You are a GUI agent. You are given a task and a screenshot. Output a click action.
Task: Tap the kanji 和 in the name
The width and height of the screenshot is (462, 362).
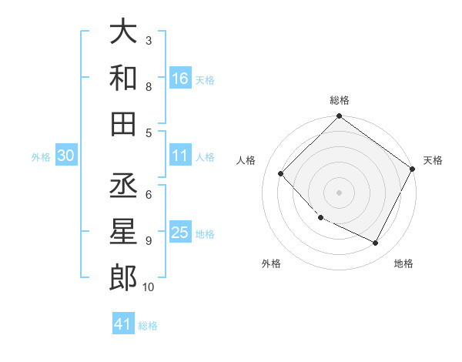pyautogui.click(x=123, y=78)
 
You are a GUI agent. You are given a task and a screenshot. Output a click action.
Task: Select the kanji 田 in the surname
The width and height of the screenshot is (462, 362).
pyautogui.click(x=123, y=123)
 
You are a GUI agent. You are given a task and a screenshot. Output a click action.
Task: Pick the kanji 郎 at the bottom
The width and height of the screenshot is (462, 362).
pyautogui.click(x=123, y=277)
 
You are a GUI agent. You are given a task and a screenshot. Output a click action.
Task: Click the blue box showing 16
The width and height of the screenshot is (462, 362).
pyautogui.click(x=180, y=78)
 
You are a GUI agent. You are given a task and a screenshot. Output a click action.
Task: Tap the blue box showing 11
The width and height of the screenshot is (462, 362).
pyautogui.click(x=180, y=156)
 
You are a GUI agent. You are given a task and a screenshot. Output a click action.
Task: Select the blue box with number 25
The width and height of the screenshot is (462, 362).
pyautogui.click(x=180, y=233)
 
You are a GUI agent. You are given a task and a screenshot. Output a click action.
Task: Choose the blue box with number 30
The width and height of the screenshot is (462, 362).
pyautogui.click(x=66, y=156)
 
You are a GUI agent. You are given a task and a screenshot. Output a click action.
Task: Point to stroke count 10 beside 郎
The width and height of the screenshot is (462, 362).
pyautogui.click(x=148, y=287)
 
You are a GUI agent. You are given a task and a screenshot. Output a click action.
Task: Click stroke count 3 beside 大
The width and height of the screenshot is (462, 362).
pyautogui.click(x=149, y=40)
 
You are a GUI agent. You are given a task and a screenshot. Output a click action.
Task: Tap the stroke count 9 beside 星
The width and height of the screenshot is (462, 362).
pyautogui.click(x=149, y=240)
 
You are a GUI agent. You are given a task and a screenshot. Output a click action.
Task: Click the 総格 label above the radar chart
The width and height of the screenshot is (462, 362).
pyautogui.click(x=340, y=100)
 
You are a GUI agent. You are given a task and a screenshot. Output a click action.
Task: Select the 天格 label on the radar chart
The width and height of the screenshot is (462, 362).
pyautogui.click(x=433, y=160)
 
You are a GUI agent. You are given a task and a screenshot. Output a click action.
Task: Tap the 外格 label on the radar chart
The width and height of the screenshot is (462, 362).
pyautogui.click(x=271, y=263)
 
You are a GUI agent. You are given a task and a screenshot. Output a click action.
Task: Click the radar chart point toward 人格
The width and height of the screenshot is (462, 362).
pyautogui.click(x=281, y=173)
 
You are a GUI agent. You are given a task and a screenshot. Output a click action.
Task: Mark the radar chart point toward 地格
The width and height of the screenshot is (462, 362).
pyautogui.click(x=376, y=243)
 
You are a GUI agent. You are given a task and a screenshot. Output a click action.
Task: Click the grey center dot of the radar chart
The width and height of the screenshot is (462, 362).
pyautogui.click(x=340, y=193)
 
